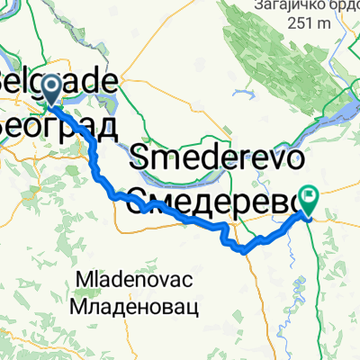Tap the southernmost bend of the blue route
(245, 251)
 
